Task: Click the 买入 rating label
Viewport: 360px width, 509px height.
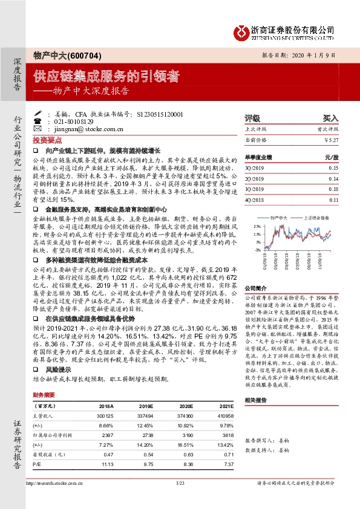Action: coord(330,118)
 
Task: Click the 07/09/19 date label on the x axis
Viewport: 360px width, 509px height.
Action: coord(298,263)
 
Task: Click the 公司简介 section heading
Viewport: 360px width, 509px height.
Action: coord(255,289)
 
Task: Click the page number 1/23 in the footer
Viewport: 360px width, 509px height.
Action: coord(180,499)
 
